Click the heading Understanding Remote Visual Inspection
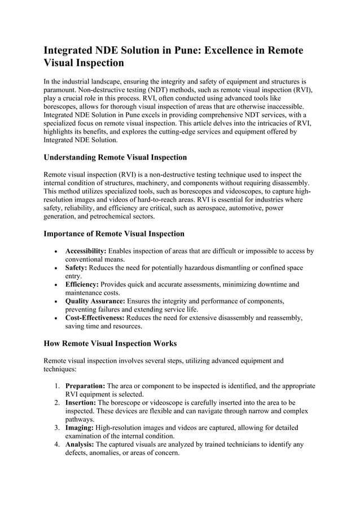(x=115, y=157)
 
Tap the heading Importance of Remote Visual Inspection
(x=114, y=234)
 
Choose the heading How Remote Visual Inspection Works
(x=110, y=343)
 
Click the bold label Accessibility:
(x=86, y=251)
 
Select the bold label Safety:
(x=76, y=267)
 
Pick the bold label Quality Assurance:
(x=95, y=301)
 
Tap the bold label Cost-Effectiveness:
(x=95, y=318)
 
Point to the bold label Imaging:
(x=80, y=428)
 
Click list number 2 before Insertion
(x=57, y=403)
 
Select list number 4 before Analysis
(x=57, y=445)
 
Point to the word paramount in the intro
(x=62, y=90)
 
